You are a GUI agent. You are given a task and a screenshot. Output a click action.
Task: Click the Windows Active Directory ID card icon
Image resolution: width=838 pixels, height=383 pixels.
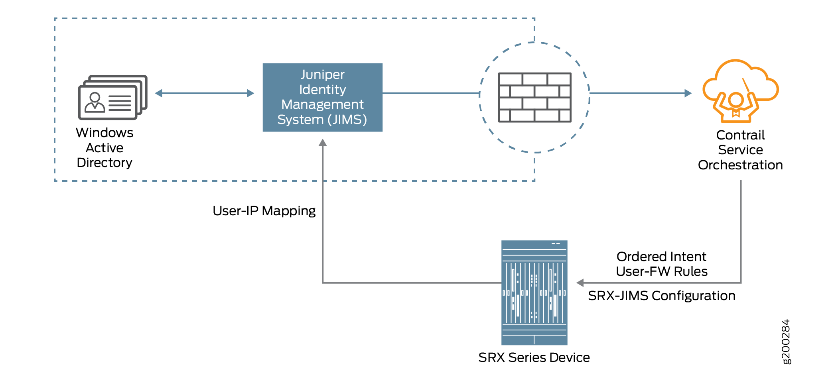click(x=112, y=98)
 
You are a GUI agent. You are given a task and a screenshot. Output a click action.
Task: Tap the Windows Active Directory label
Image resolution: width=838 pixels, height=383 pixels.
click(x=105, y=147)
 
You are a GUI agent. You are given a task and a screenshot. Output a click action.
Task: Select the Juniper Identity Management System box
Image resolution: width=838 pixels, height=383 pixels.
click(x=322, y=98)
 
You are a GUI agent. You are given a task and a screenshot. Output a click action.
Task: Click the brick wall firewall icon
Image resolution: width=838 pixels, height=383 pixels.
click(x=534, y=98)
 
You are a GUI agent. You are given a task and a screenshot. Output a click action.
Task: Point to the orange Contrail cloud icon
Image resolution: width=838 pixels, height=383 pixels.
click(x=740, y=91)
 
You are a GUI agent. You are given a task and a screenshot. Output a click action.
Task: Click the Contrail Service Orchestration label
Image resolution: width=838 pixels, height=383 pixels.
click(x=740, y=150)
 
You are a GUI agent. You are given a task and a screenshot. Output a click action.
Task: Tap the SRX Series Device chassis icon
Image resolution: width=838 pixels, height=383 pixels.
click(x=534, y=293)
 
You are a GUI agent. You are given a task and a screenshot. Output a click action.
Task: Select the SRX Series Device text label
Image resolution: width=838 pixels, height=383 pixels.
click(x=534, y=357)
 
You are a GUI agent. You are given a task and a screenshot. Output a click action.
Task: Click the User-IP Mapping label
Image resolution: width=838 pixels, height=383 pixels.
click(x=264, y=211)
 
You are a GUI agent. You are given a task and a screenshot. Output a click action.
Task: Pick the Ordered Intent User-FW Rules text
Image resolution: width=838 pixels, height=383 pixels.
click(x=661, y=264)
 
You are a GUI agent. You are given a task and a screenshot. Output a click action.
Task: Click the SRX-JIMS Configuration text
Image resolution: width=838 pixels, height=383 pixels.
click(x=661, y=296)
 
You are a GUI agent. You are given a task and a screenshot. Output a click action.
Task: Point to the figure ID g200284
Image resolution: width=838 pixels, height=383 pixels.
click(x=785, y=342)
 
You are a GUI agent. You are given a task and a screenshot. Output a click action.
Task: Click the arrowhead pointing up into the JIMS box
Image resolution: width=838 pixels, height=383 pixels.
click(x=323, y=143)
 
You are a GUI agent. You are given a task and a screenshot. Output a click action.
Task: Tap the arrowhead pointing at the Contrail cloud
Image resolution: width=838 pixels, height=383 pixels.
click(x=688, y=93)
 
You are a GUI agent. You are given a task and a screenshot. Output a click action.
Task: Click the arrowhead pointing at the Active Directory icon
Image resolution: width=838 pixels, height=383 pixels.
click(x=159, y=93)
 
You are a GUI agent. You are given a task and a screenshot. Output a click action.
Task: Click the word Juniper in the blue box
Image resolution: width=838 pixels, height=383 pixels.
click(x=322, y=75)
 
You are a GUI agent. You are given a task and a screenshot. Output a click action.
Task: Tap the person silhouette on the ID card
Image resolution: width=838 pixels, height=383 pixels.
click(x=95, y=103)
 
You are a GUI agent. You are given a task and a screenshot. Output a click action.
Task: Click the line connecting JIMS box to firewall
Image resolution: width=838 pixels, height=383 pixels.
click(x=431, y=93)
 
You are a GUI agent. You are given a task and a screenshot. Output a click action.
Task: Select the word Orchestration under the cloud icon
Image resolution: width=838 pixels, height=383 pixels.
click(x=740, y=165)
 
